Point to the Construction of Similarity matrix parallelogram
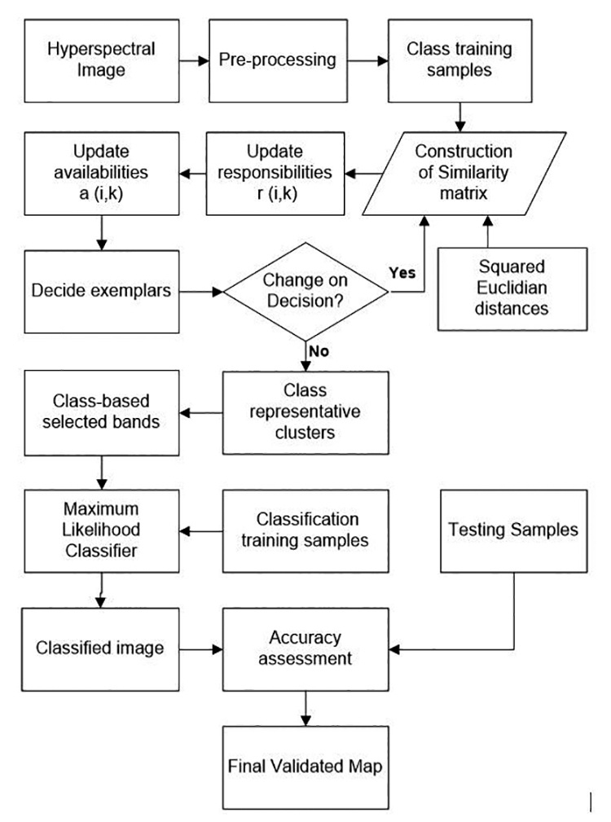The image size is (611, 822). tap(463, 173)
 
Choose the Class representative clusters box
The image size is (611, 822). tap(305, 412)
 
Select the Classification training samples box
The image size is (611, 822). tap(305, 531)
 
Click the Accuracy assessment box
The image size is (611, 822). tap(305, 648)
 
